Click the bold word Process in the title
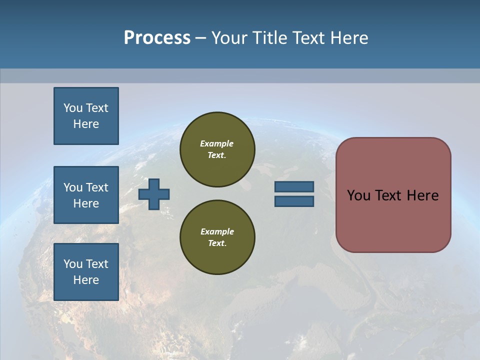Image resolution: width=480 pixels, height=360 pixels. (157, 38)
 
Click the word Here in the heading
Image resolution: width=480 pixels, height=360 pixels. (348, 38)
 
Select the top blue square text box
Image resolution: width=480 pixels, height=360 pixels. (86, 116)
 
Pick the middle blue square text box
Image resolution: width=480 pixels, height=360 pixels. (86, 195)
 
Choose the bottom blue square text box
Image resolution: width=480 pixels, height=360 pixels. (86, 272)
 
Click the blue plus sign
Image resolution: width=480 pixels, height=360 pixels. (154, 194)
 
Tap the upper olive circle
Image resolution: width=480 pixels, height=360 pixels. (217, 149)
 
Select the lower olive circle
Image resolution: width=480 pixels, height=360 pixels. (217, 237)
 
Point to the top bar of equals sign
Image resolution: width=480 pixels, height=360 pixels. (294, 186)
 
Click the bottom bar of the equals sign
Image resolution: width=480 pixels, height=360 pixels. (294, 201)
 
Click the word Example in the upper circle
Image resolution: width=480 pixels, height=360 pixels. (217, 143)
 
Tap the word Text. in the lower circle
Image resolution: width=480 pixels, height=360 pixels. (217, 243)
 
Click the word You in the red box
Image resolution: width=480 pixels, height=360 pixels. (358, 195)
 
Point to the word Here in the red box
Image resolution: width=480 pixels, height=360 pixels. (422, 195)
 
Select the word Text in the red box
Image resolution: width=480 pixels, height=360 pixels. (388, 195)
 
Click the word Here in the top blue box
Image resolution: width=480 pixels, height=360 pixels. (86, 124)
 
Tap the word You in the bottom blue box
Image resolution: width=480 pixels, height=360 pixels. (73, 264)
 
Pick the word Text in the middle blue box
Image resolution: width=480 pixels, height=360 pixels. (96, 187)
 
